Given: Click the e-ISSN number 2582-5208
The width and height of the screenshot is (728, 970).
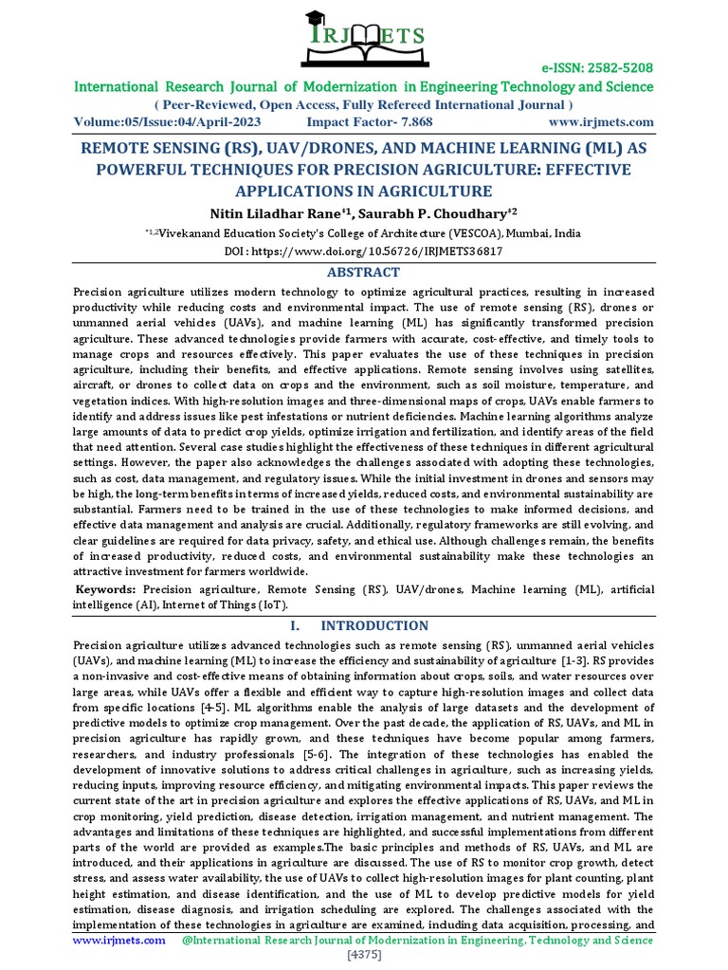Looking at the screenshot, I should tap(610, 68).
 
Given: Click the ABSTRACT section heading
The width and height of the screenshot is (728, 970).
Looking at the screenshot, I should tap(364, 272).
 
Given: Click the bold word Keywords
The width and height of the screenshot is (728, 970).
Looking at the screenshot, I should tap(104, 589).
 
